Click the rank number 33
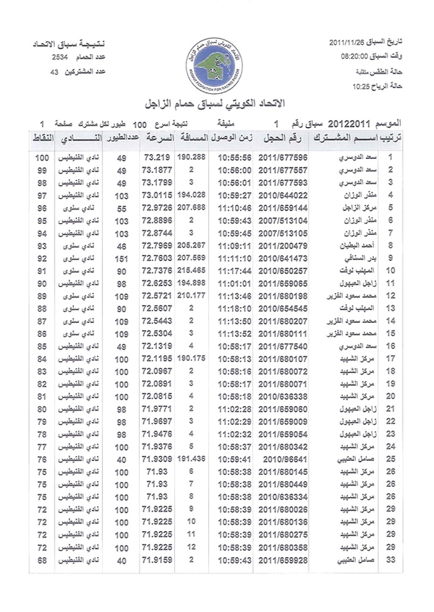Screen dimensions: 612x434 tap(391, 560)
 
